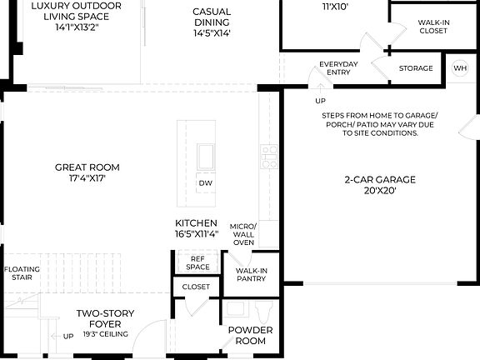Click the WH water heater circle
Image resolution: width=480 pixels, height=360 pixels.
[460, 67]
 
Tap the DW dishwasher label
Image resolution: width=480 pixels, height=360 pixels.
[205, 183]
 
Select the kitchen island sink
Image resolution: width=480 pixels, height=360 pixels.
[205, 157]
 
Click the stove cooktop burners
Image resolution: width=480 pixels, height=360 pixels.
[269, 157]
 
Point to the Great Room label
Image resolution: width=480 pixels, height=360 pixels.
[80, 172]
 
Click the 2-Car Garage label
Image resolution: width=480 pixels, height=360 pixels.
[380, 184]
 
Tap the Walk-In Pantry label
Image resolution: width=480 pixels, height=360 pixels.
[251, 275]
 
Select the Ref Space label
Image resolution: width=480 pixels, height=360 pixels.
[197, 262]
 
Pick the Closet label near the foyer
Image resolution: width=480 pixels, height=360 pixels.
[196, 287]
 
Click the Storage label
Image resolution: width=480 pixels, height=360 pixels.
[416, 68]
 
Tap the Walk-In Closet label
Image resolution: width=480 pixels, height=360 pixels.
[432, 26]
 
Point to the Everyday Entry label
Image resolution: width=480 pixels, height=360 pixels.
[338, 68]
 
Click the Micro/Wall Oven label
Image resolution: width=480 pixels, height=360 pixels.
[243, 234]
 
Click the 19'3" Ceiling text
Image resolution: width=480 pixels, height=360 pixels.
[104, 334]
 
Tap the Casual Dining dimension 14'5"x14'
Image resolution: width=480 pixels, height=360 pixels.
[212, 33]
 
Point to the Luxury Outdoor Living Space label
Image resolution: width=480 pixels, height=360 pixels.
[76, 14]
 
